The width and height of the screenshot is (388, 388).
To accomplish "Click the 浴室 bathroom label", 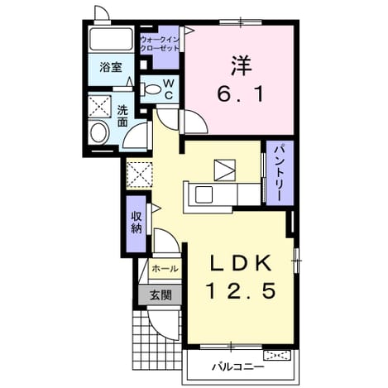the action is point(111,67).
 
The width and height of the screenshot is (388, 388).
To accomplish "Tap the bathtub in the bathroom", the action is point(111,39).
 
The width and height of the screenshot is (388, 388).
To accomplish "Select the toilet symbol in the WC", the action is point(151,89).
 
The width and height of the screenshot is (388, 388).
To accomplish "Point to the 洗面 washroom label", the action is point(122,116).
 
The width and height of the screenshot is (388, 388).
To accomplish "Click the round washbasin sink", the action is point(99,132).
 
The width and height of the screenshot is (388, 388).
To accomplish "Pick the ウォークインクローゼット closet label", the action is point(160,44).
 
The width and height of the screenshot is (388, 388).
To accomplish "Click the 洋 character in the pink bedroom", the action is point(241,66).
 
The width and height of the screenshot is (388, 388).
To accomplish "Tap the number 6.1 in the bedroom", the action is point(241,94).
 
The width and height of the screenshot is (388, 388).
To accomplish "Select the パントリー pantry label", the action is point(279,172).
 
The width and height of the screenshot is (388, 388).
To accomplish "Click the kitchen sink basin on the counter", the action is point(204,194).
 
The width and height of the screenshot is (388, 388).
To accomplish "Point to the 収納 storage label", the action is point(137,223).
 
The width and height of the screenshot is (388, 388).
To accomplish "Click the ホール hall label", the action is point(165,268).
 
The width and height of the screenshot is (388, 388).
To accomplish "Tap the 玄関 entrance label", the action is point(160,295).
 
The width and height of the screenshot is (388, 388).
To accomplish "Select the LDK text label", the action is point(240,264).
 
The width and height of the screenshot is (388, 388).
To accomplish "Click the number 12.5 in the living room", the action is point(242,291).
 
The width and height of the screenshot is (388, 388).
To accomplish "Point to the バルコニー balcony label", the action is point(238,367).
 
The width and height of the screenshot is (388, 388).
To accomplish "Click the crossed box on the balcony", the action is point(277,356).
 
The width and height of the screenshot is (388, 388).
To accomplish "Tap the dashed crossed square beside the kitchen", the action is point(139,175).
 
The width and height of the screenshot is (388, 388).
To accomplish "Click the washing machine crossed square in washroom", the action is point(99,107).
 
